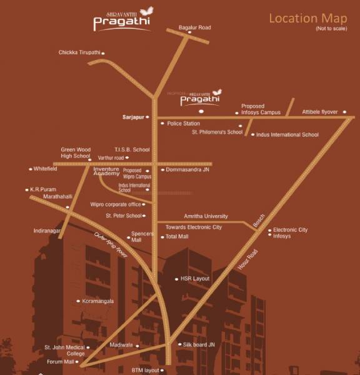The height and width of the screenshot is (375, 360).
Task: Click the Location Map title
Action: click(307, 17)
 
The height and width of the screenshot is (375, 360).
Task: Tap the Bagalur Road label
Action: click(194, 27)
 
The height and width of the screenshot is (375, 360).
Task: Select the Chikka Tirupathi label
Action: click(79, 52)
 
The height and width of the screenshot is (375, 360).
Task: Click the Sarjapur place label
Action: click(134, 117)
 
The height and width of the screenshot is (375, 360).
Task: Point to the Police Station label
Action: click(183, 124)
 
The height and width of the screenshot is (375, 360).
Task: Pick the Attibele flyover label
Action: click(319, 112)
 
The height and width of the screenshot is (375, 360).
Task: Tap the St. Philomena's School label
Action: click(217, 132)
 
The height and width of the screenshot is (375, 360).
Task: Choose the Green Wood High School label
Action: click(76, 153)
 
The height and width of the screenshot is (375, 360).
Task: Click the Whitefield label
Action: click(46, 169)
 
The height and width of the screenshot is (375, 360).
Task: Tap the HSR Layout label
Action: click(195, 279)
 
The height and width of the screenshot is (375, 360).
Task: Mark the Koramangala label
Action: click(98, 301)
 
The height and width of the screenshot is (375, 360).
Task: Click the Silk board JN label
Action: click(198, 344)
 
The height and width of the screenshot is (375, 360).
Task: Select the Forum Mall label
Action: click(61, 362)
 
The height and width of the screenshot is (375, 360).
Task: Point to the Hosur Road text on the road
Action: click(247, 259)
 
